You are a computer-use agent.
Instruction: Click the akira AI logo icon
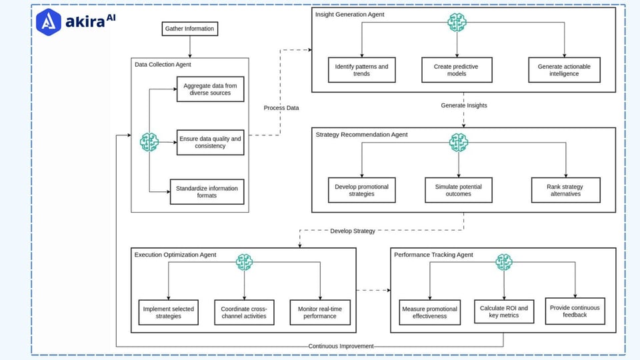[x=49, y=21]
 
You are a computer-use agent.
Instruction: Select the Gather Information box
[x=190, y=29]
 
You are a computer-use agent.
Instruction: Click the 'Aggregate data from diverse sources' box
[x=210, y=89]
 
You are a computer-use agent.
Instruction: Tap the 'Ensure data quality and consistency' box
[x=210, y=142]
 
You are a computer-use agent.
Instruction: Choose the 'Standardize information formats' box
[x=207, y=192]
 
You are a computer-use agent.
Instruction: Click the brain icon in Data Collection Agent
[x=149, y=142]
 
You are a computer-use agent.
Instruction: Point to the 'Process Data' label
[x=281, y=108]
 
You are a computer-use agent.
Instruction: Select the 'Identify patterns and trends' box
[x=361, y=70]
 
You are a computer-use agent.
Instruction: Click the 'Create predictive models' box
[x=457, y=70]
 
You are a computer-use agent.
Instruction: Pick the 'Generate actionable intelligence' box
[x=564, y=70]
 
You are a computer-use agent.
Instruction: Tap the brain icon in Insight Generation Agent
[x=457, y=22]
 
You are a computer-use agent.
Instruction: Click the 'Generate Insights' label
[x=464, y=105]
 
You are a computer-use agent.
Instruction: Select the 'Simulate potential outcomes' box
[x=458, y=190]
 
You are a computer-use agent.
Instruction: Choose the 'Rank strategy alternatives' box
[x=565, y=190]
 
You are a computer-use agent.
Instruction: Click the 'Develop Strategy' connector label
[x=353, y=231]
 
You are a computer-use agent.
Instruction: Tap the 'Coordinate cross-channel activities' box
[x=244, y=312]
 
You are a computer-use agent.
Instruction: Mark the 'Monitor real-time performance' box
[x=321, y=312]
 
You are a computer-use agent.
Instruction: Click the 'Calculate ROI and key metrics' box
[x=504, y=311]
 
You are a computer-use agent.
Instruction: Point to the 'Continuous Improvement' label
[x=341, y=347]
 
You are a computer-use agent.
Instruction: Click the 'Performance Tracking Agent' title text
[x=433, y=255]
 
